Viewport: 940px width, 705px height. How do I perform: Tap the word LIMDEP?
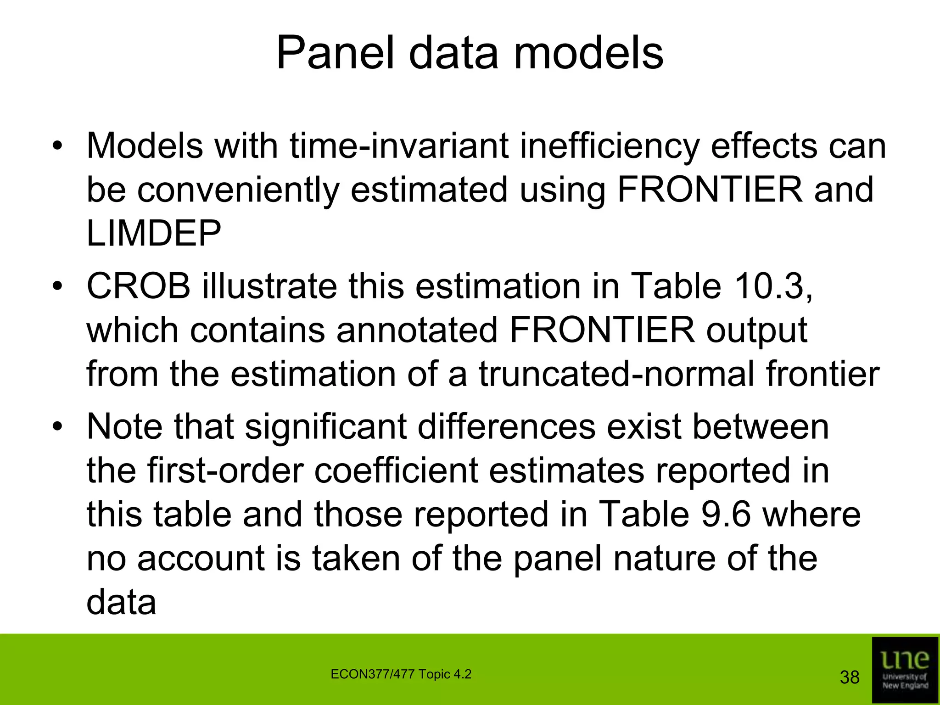154,233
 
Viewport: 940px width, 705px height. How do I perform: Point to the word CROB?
138,286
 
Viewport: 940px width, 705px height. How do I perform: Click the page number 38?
849,677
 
